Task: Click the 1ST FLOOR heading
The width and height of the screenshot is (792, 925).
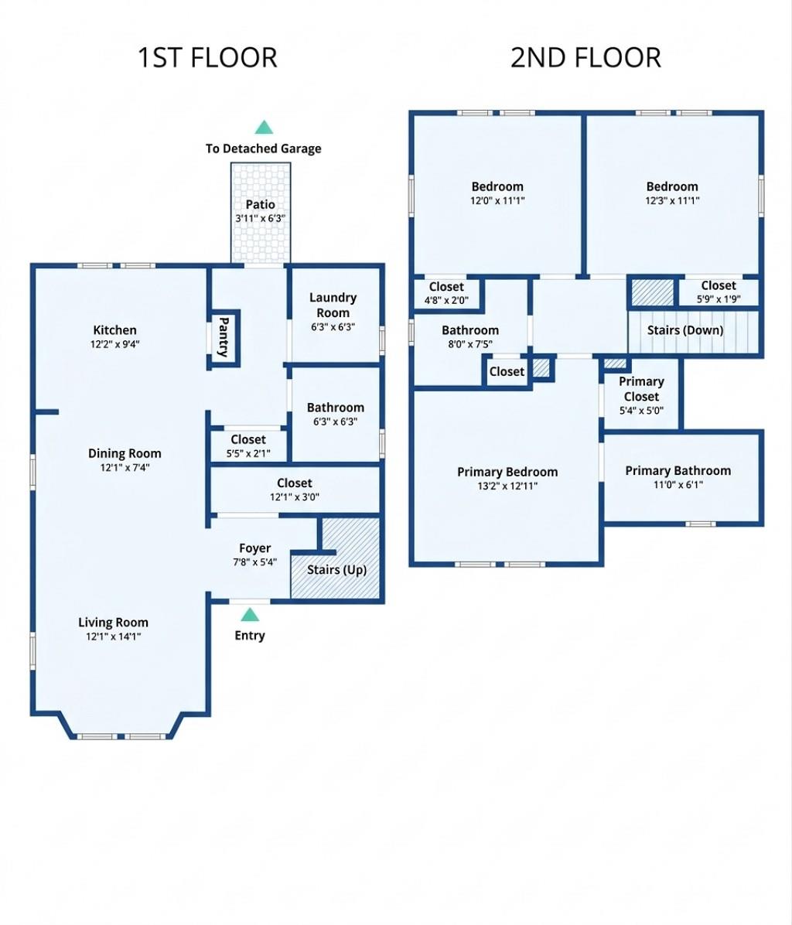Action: [x=207, y=58]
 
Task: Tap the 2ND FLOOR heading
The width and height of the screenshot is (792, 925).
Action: [x=585, y=58]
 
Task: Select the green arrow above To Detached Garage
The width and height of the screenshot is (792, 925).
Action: [x=264, y=128]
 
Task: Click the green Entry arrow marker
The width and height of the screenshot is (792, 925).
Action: [x=249, y=615]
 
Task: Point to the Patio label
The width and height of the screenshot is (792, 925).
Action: [x=260, y=205]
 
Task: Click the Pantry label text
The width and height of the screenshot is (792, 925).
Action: [x=224, y=336]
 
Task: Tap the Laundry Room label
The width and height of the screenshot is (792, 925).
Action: [x=333, y=305]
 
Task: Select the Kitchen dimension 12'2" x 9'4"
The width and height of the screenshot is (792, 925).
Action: [x=114, y=345]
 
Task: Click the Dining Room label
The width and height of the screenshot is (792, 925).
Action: [x=125, y=454]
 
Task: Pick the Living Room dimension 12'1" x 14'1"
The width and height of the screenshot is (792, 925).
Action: [x=113, y=637]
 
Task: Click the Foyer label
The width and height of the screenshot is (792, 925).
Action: [x=254, y=548]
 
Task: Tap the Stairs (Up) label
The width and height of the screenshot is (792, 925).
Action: [x=336, y=570]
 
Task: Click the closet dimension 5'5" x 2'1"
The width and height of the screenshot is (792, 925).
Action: [x=247, y=454]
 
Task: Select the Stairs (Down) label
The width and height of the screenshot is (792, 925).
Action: [x=685, y=330]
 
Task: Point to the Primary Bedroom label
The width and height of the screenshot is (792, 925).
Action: [x=507, y=472]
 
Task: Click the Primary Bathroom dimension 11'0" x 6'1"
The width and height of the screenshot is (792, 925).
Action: [x=678, y=485]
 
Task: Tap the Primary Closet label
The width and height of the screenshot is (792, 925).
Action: [x=641, y=388]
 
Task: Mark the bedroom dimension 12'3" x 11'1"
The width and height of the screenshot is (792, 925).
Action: [x=672, y=200]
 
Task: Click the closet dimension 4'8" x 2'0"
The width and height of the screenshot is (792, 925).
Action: [x=446, y=300]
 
